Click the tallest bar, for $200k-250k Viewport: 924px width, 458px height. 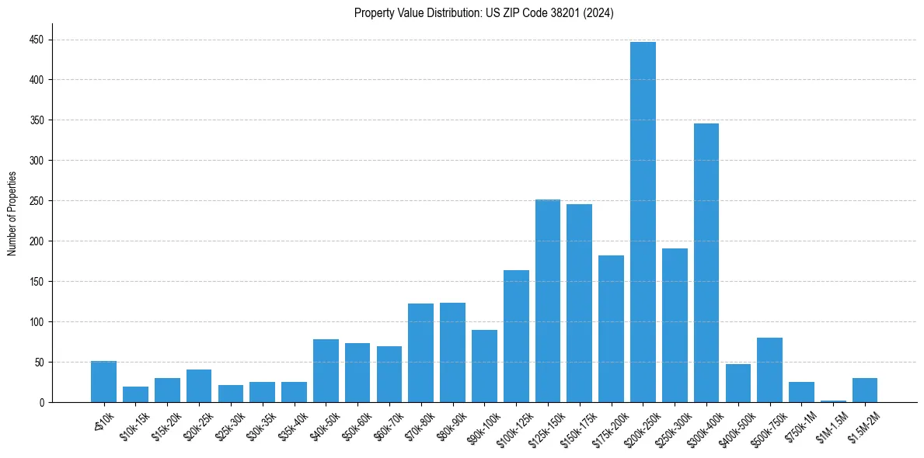(x=643, y=222)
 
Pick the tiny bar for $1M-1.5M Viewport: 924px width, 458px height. (x=833, y=401)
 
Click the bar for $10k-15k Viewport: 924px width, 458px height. (x=135, y=394)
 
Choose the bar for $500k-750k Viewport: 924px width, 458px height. (x=769, y=370)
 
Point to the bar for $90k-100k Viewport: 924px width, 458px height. (x=484, y=366)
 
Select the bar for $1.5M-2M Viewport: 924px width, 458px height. (x=865, y=390)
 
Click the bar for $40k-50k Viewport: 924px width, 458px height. (x=326, y=371)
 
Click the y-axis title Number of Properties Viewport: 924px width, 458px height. (x=12, y=213)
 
